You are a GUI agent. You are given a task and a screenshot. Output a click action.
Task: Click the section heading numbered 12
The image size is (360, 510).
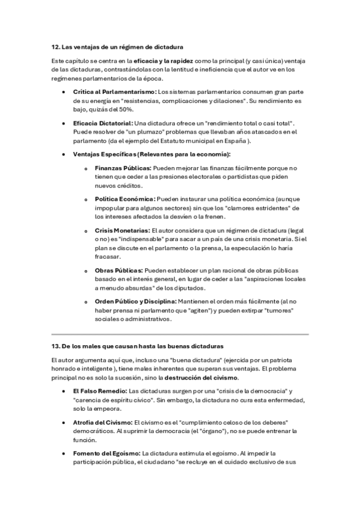point(117,47)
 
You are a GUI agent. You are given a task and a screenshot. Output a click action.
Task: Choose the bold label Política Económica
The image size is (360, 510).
point(124,198)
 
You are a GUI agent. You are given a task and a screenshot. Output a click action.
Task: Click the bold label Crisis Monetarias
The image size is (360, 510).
point(122,230)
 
